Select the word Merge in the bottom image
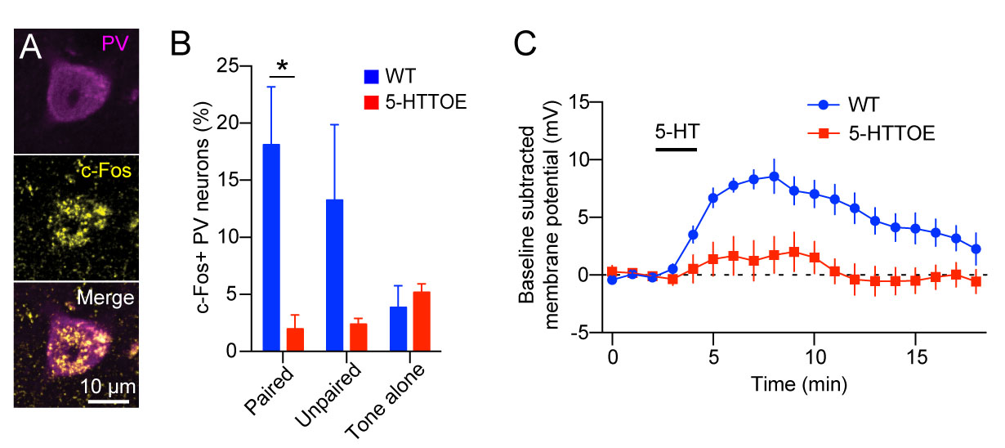point(106,299)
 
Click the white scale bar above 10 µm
point(108,401)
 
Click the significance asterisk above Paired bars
point(282,65)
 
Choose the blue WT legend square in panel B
point(372,77)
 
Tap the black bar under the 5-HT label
point(676,150)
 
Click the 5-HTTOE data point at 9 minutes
point(793,252)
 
